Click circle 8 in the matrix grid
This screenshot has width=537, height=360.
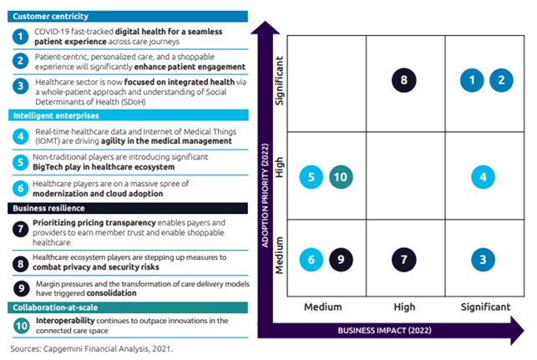[403, 80]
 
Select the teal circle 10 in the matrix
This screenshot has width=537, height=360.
[341, 177]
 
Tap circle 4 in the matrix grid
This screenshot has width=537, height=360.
[483, 177]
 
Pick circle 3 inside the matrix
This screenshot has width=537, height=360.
[483, 260]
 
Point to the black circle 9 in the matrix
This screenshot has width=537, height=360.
[341, 260]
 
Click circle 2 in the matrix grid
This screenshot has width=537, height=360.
[501, 80]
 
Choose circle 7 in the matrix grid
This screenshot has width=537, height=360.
[403, 260]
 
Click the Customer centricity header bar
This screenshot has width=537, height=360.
[128, 17]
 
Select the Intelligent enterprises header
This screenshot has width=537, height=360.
[129, 115]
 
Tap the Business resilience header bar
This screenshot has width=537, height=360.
[128, 208]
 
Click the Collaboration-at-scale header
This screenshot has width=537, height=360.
[128, 307]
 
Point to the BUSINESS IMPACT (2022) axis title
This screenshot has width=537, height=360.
[385, 331]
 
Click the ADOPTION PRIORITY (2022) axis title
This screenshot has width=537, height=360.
[265, 195]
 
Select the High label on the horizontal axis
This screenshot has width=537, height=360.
[404, 307]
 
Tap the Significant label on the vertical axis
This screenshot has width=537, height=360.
[280, 81]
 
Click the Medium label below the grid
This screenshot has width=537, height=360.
[323, 307]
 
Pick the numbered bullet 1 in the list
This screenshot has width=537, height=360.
[21, 36]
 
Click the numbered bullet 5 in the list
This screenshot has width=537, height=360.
[21, 162]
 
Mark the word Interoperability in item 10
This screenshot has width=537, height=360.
[65, 321]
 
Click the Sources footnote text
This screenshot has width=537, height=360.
[92, 348]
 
